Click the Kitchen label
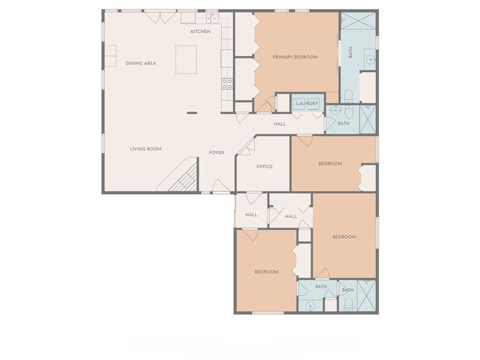(200, 31)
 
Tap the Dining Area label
(140, 63)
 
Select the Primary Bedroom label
(295, 57)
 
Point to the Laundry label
(307, 103)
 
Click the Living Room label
(145, 148)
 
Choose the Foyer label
(217, 152)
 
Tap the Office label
(264, 166)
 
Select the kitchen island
(186, 59)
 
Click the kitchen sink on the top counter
(211, 17)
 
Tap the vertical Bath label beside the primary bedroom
(350, 53)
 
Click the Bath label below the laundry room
(343, 123)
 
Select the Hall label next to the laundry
(280, 124)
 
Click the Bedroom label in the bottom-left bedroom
(265, 271)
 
